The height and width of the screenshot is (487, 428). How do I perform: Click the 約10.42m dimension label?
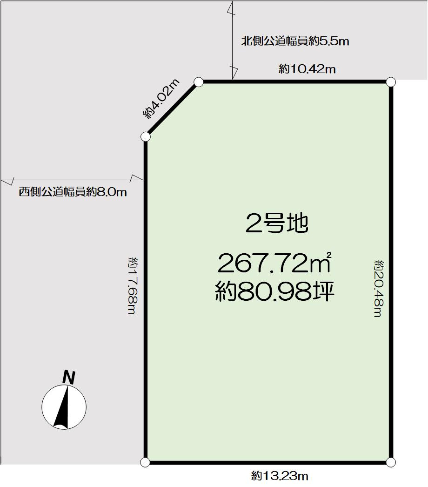point(307,69)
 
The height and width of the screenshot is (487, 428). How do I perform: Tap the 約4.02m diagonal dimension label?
point(161,99)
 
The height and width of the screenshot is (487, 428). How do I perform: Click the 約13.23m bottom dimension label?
point(280,476)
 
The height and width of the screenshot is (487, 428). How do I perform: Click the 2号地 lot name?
point(277,224)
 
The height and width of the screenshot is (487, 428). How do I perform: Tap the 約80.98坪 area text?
point(274,292)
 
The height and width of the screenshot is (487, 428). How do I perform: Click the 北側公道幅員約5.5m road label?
point(295,41)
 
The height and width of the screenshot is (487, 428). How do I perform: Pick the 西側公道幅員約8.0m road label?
point(73,192)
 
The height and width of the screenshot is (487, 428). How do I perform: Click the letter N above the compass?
point(69,378)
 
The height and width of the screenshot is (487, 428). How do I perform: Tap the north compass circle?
point(64,407)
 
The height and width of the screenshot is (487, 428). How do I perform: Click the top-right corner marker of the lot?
point(391,82)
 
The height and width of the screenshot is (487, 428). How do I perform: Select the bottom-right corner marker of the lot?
point(391,462)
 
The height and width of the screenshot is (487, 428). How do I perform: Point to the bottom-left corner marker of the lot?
point(145,462)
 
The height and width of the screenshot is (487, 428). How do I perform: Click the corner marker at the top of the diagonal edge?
point(199,82)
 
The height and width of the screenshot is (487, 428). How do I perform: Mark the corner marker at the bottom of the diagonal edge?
point(146,136)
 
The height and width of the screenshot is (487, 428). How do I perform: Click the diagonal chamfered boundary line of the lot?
point(172,109)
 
